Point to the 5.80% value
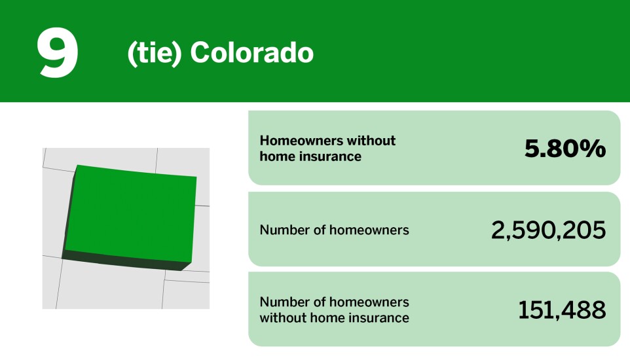565,149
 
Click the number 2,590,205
548,230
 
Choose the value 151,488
562,310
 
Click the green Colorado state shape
131,213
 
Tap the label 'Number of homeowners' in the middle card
334,230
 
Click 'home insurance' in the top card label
310,156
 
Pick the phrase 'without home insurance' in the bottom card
334,318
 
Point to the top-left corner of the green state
77,166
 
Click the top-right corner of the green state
195,177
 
